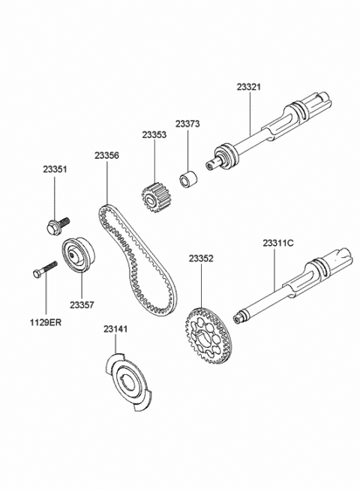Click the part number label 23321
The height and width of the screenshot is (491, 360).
(x=248, y=87)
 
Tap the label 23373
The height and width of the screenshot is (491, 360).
(x=187, y=124)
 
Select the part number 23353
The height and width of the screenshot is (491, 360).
(x=154, y=135)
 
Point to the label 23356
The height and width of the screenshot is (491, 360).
(x=106, y=155)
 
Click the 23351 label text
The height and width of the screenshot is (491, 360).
(x=55, y=169)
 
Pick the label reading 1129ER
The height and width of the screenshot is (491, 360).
(x=46, y=322)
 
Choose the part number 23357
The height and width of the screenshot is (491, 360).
(x=82, y=304)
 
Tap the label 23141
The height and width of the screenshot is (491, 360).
(x=115, y=329)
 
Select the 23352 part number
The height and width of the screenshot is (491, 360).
(x=201, y=259)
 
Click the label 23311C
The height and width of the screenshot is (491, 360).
(x=278, y=243)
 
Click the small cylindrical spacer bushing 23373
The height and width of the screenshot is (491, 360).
(x=188, y=178)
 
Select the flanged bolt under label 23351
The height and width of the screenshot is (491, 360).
(x=58, y=225)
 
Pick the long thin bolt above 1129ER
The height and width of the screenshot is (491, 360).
(x=45, y=269)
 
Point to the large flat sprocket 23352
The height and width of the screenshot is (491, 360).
(x=207, y=337)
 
